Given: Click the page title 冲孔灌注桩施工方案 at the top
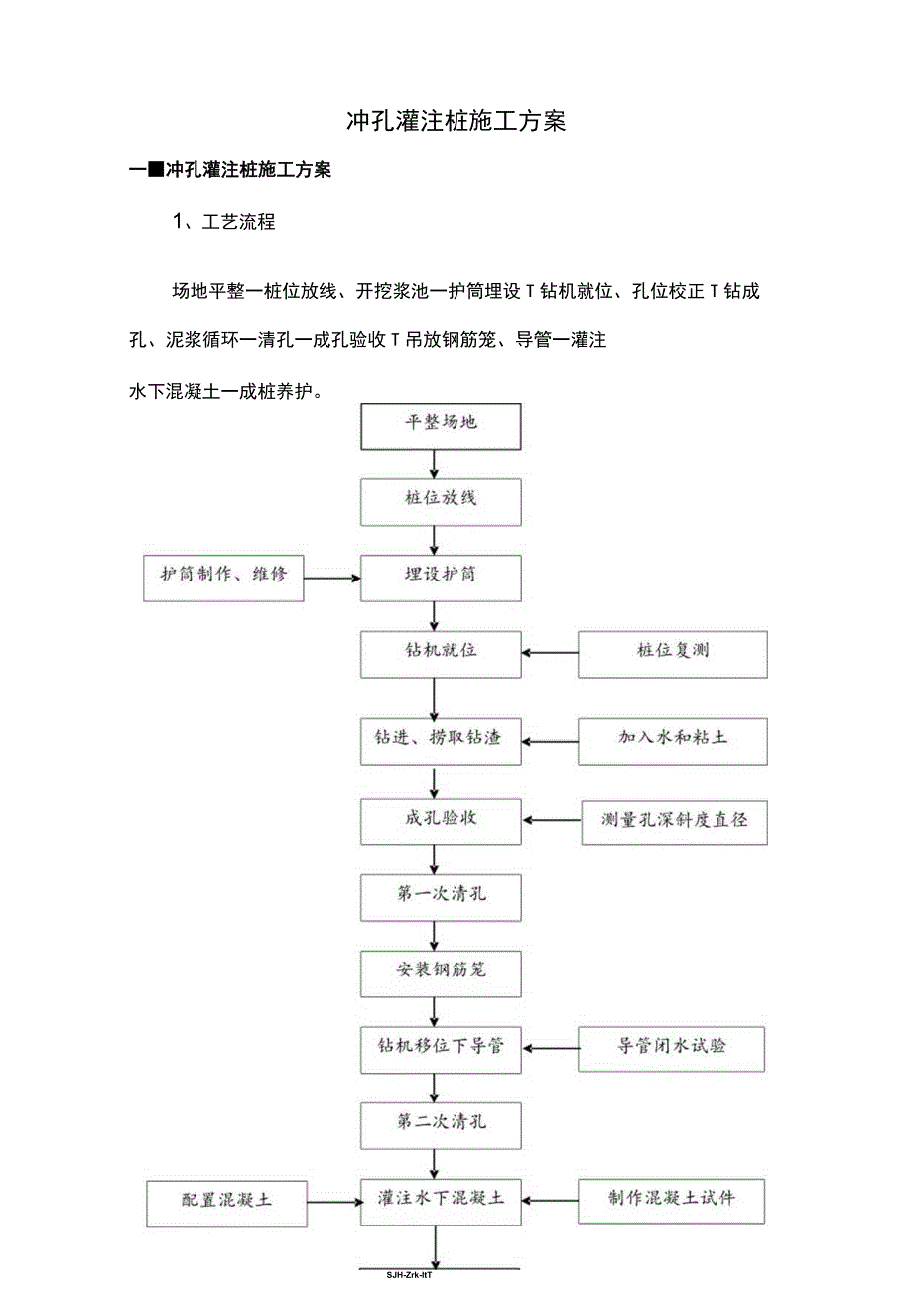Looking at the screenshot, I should coord(456,121).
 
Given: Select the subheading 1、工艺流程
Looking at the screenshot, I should coord(224,222).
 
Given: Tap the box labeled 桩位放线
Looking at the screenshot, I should coord(441,498).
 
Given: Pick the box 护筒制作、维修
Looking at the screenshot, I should coord(223,576).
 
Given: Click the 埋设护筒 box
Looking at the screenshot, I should coord(441,576).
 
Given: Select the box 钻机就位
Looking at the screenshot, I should coord(441,652).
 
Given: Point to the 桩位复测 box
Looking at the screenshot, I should coord(672,652).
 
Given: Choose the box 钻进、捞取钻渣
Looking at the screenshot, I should coord(441,739).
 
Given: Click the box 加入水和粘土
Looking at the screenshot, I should coord(672,739).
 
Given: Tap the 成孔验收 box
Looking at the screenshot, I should coord(441,819).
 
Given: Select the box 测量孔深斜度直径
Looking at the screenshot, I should coord(674,820).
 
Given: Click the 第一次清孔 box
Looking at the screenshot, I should coord(441,895).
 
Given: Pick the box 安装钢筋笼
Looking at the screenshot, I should coord(441,969).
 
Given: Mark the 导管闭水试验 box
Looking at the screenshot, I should coord(671,1046).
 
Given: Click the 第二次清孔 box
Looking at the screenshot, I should coord(441,1122).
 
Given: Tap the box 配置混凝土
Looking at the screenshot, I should coord(226,1201).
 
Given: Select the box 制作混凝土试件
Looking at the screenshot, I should coord(671,1199).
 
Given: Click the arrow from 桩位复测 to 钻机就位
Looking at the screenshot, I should coord(551,653).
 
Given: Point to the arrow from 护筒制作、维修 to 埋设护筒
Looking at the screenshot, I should coord(332,577).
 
